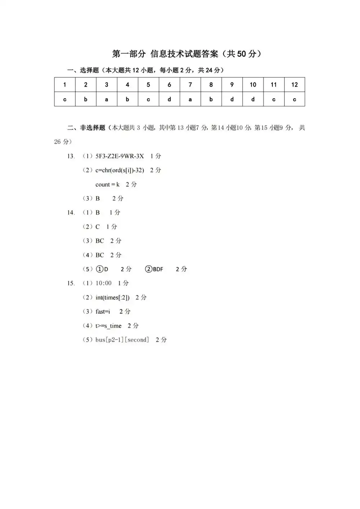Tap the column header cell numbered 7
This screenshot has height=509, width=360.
click(x=190, y=85)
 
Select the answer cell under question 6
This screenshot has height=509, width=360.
click(x=169, y=99)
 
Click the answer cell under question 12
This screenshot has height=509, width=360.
click(x=294, y=99)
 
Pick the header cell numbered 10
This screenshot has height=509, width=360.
click(x=253, y=85)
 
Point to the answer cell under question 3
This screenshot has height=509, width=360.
click(x=107, y=99)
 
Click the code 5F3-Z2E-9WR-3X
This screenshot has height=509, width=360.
click(x=120, y=156)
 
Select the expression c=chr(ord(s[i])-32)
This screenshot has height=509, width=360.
click(x=120, y=170)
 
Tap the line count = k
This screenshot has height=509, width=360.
click(x=107, y=184)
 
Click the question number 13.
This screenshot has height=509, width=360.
click(x=71, y=156)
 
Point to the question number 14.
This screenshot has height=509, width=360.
click(x=71, y=213)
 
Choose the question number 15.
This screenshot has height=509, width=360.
click(x=71, y=283)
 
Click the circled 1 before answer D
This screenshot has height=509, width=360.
click(x=99, y=269)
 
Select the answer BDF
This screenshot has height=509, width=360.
click(x=158, y=269)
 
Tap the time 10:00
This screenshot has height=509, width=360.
click(x=104, y=283)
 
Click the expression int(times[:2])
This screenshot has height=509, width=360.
click(x=112, y=297)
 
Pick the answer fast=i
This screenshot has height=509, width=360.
click(x=103, y=312)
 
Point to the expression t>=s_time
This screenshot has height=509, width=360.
click(x=108, y=326)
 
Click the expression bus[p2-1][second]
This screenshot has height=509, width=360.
click(x=122, y=340)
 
